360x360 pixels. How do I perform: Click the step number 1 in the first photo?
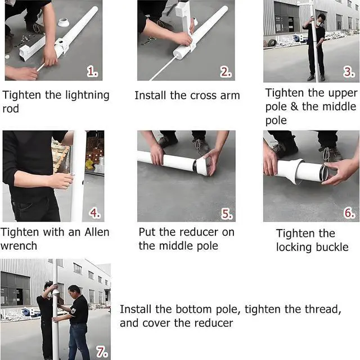92,71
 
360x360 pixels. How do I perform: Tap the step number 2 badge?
226,72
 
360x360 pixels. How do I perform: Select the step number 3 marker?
349,72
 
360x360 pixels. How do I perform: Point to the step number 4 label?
94,213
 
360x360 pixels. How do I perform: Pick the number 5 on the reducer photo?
227,214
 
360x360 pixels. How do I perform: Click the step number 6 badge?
349,213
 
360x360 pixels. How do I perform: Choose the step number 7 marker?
102,352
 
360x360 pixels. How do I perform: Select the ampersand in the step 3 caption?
294,107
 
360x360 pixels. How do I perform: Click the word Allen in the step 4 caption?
97,232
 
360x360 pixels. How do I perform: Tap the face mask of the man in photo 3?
319,22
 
